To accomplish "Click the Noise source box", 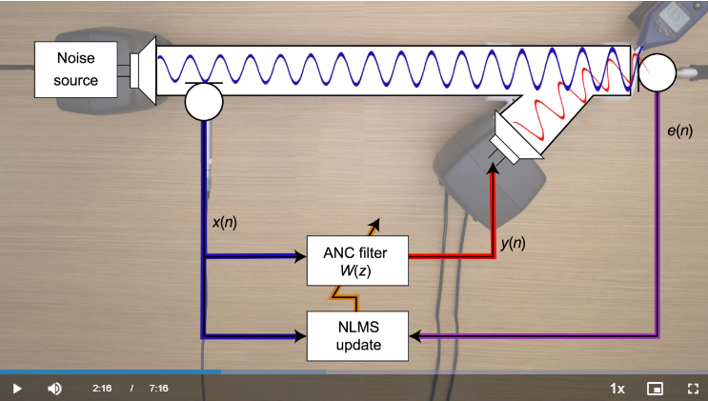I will click(75, 70).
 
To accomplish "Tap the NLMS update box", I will click(357, 335).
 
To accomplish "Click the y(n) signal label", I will click(513, 243).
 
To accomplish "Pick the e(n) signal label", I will click(679, 130).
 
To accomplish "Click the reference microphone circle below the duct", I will click(203, 102).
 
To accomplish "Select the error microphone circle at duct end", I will click(657, 73).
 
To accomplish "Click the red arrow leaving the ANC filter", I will click(448, 256).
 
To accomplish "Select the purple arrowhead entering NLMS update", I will click(415, 336).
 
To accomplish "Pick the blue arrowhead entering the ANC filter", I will click(300, 256).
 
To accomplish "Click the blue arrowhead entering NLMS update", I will click(300, 335).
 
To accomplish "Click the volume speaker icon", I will click(54, 389).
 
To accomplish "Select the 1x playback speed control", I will click(617, 389).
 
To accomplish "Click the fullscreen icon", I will click(693, 389).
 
